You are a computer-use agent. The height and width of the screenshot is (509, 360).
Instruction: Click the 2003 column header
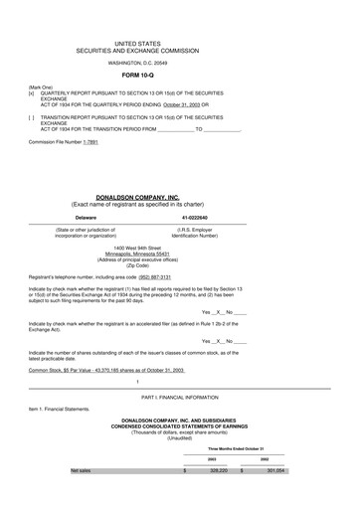[x=211, y=459]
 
